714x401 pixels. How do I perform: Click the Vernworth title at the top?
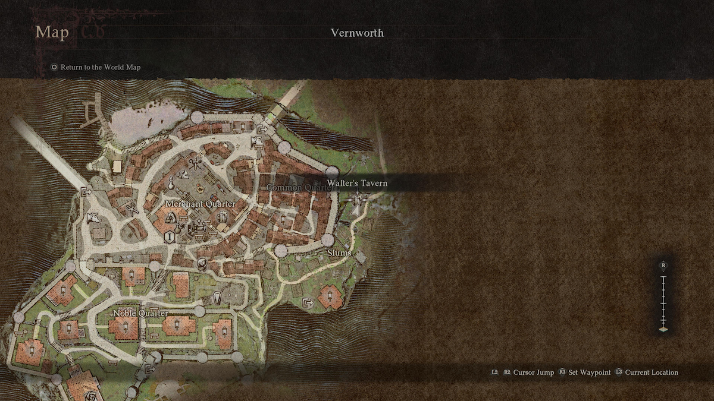(357, 33)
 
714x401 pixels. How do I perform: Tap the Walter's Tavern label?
(357, 183)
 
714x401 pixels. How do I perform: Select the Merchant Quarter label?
(200, 204)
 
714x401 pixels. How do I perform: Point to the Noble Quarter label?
(140, 313)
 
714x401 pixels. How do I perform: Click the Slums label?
(339, 253)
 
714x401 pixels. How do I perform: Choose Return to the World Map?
(101, 67)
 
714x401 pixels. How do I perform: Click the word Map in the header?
(52, 32)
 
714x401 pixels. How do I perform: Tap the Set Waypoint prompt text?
(590, 372)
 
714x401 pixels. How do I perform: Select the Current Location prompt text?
(652, 372)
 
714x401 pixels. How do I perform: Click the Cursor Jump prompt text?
(534, 372)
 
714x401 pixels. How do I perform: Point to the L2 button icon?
(494, 372)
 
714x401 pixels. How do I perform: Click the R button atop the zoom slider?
(663, 265)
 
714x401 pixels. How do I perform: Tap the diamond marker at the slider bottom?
(663, 329)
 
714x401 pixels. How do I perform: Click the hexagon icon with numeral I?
(170, 236)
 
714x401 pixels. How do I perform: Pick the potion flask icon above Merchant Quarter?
(171, 183)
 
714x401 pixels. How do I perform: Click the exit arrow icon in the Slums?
(308, 303)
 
